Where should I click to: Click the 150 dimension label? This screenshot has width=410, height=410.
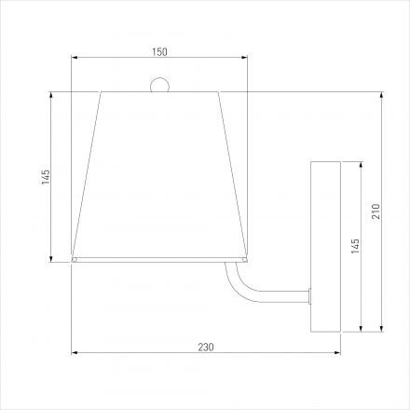coord(159,52)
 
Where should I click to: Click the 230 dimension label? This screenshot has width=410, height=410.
coord(206,347)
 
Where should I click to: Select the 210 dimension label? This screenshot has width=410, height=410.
coord(376,212)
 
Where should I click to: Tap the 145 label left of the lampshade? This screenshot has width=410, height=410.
coord(46,177)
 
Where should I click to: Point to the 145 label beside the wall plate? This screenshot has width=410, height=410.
coord(355,246)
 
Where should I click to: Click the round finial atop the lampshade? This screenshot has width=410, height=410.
coord(159,84)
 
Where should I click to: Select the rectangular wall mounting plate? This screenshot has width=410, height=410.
coord(326,247)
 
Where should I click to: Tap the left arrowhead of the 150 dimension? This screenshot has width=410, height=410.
coord(75,57)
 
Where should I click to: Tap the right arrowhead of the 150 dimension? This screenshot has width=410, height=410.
coord(244,57)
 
